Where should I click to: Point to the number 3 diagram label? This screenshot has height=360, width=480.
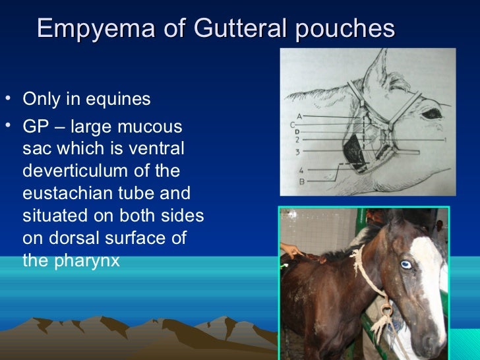coord(298,152)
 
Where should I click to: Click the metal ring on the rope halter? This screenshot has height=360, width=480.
coord(387,309)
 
